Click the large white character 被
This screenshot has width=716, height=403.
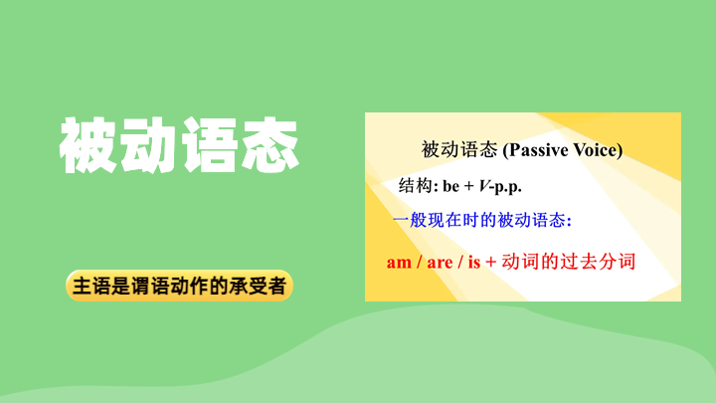coord(88,145)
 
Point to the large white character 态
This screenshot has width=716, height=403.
coord(269,145)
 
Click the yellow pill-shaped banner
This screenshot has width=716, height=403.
coord(179,286)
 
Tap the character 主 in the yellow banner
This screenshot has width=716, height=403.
coord(83,286)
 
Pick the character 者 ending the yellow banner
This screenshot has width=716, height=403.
coord(276,286)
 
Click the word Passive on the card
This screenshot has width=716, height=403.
coord(538,150)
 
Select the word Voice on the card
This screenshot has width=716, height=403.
coord(595,150)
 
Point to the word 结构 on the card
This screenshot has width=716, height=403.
coord(415,185)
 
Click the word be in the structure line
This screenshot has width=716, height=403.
coord(451,186)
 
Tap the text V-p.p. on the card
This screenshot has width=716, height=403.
coord(500,186)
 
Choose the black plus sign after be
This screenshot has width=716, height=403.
coord(469,186)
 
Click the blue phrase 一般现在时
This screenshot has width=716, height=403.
coord(436,220)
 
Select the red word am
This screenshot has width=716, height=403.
coord(399,263)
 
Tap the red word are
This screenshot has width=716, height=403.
coord(440,263)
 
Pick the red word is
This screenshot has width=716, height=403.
coord(474,263)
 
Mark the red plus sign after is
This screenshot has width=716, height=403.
coord(491,263)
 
